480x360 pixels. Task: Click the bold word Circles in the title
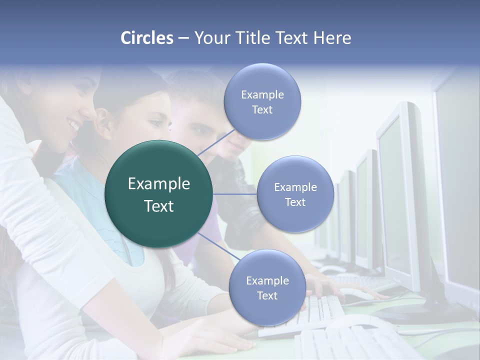tap(146, 38)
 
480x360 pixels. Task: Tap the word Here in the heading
tap(332, 38)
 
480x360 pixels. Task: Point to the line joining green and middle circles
tap(235, 194)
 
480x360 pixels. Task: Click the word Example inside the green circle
tap(159, 184)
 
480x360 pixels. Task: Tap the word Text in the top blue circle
tap(262, 110)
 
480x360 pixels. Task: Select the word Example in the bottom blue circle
tap(267, 281)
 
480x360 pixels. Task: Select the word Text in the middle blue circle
tap(295, 202)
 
